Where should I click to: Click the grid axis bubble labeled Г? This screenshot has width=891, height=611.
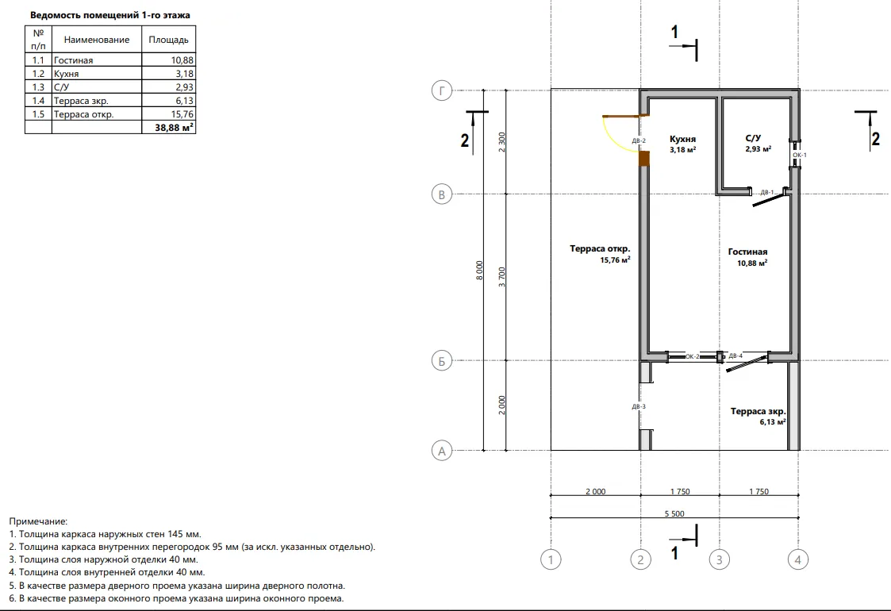441,90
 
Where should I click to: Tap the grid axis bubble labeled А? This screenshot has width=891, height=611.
441,452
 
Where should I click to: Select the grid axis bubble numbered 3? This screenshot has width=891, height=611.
720,560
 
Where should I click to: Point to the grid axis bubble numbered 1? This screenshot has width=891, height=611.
551,560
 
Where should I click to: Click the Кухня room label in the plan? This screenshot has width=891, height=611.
682,139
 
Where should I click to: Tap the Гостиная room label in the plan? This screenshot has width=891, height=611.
748,252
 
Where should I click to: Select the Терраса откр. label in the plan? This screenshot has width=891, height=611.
600,248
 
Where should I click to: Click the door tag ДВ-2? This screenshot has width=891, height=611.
639,140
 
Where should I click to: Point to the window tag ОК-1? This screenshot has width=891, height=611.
800,155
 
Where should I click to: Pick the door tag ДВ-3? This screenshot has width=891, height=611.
639,406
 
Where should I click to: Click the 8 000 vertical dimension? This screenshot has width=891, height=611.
479,270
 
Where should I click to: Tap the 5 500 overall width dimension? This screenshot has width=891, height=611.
674,514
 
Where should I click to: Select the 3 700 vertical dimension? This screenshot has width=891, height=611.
501,277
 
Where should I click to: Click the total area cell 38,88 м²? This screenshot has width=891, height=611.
174,127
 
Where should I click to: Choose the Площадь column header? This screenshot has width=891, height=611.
169,40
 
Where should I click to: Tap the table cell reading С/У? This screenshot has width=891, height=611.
61,87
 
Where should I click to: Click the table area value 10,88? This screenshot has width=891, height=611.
182,60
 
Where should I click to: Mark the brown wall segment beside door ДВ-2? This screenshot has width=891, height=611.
643,159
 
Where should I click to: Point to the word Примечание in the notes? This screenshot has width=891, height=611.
38,521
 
